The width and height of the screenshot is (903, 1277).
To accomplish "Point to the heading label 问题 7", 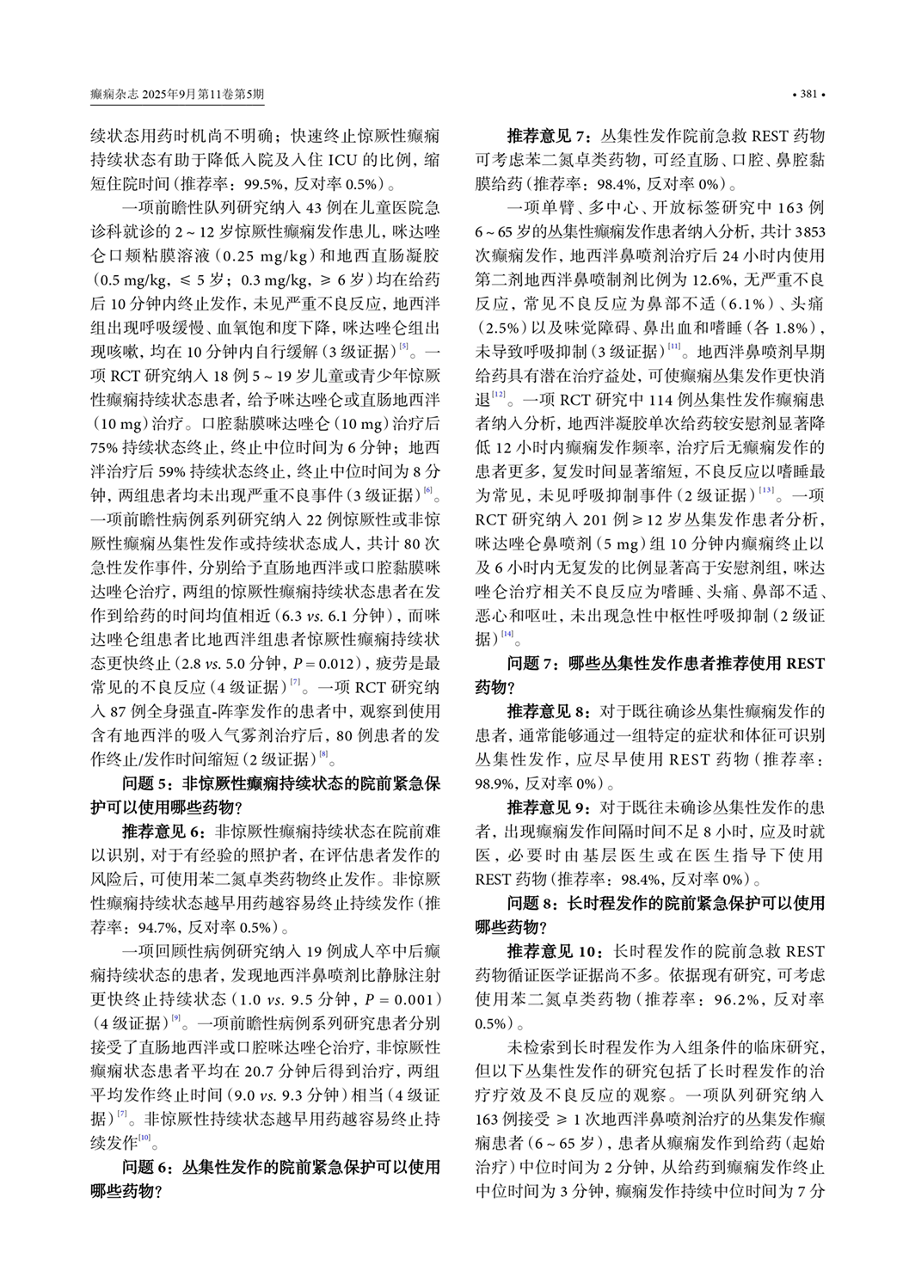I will point(535,663).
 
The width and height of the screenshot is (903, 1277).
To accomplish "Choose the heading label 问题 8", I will point(535,904).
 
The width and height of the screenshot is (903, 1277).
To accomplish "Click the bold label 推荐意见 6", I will point(164,832).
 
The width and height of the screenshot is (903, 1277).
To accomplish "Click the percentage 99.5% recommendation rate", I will point(266,184).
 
